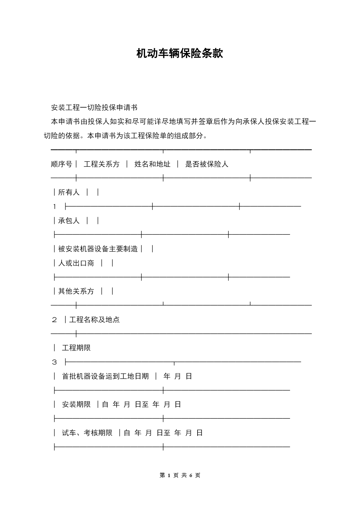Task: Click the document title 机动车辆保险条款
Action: click(180, 53)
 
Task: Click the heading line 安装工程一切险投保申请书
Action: click(94, 108)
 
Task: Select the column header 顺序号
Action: click(61, 164)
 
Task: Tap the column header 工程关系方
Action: click(102, 164)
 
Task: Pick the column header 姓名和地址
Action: click(152, 164)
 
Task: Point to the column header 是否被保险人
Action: click(207, 164)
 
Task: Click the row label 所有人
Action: click(69, 192)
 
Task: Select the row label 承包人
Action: click(69, 221)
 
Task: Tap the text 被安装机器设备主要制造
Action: click(98, 249)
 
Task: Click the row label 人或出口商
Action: click(76, 263)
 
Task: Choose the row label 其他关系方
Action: click(76, 291)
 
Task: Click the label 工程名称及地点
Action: click(94, 320)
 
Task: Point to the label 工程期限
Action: click(76, 348)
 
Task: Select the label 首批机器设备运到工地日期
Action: click(105, 376)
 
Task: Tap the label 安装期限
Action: click(76, 405)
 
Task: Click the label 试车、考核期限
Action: click(87, 433)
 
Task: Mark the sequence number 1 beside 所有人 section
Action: click(55, 207)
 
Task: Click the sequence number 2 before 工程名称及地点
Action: click(55, 320)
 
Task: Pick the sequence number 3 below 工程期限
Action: click(55, 362)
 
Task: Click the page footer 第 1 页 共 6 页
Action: click(180, 475)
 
